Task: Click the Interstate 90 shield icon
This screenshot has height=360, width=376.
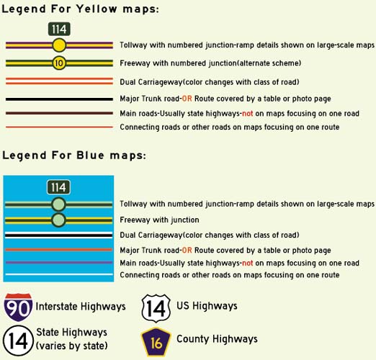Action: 18,307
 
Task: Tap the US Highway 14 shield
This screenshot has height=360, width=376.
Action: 156,308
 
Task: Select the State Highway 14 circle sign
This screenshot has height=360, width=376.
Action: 18,341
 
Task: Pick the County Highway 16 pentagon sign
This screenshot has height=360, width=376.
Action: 156,342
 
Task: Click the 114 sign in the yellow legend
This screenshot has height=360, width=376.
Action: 59,29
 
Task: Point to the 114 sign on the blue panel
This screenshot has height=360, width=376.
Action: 58,187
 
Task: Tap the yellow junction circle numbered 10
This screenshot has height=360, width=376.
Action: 59,63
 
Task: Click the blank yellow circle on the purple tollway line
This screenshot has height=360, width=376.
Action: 59,45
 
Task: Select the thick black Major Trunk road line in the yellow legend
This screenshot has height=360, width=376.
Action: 59,99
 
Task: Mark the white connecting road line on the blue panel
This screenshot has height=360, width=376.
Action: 59,274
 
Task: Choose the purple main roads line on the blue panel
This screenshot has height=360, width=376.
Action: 59,262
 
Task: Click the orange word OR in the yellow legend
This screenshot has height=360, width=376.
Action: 187,99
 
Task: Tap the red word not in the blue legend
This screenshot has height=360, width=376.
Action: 247,263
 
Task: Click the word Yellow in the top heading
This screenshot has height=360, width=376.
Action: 97,9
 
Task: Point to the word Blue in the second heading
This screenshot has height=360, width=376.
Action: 90,156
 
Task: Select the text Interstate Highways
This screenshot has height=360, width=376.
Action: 81,307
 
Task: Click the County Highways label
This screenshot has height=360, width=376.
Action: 217,339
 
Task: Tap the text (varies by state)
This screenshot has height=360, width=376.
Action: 71,346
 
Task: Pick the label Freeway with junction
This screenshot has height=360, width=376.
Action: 159,220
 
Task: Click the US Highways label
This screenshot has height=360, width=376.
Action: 207,306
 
